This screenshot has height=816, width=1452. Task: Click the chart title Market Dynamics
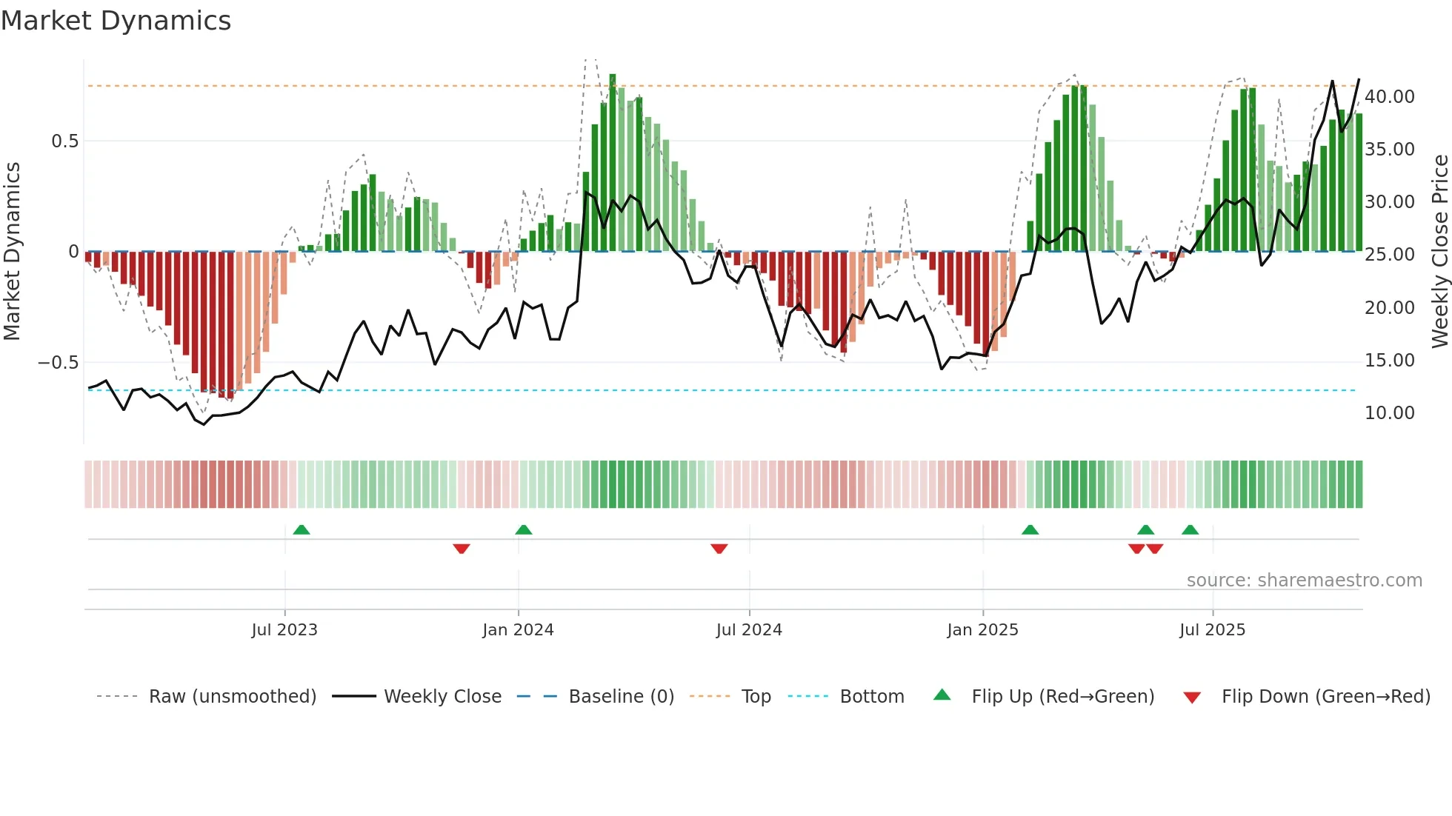click(116, 21)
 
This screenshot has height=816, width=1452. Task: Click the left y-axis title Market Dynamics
click(12, 252)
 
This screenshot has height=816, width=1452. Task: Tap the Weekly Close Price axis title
click(1439, 252)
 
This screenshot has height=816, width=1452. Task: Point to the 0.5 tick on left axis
click(64, 141)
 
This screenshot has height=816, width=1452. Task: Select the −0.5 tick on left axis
click(58, 363)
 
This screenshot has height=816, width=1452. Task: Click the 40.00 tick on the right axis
click(1389, 97)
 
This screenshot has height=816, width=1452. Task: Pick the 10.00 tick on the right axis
click(1389, 413)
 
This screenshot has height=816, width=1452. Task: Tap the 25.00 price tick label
click(1389, 255)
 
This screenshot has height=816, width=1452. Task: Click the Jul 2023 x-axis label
click(284, 630)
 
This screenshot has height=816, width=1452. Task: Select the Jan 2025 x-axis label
click(982, 630)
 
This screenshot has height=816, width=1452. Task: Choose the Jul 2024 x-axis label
click(749, 630)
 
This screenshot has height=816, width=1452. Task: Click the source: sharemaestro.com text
click(1304, 581)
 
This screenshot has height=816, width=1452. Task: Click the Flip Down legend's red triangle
click(1192, 698)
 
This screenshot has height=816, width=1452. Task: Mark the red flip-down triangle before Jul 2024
click(719, 549)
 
